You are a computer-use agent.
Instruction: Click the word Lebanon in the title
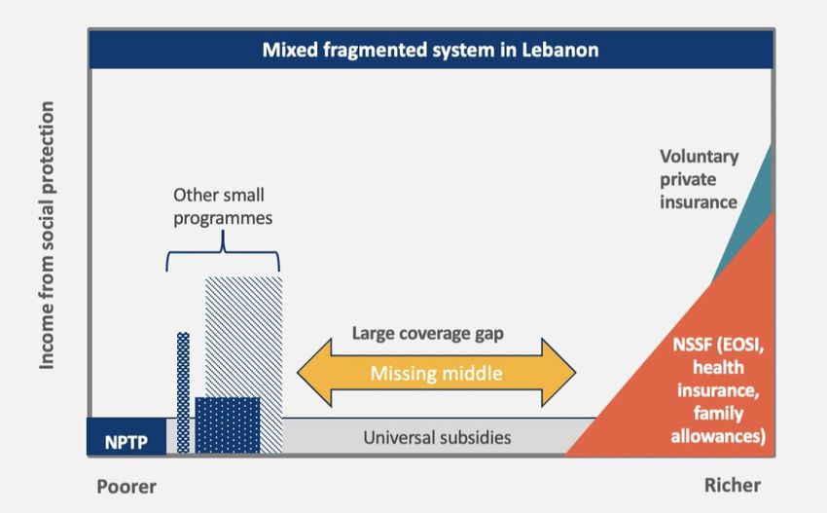(x=560, y=51)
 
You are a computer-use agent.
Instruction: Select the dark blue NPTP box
(x=126, y=436)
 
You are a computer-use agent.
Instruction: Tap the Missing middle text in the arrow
(x=436, y=373)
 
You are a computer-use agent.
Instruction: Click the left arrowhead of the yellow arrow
(x=314, y=373)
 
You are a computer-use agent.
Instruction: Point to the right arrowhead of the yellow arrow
(x=559, y=373)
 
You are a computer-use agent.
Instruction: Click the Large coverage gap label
(x=428, y=334)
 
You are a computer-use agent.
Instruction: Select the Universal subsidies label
(x=437, y=437)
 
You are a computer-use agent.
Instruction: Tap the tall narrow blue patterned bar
(x=183, y=392)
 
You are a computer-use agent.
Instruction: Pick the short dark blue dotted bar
(x=228, y=424)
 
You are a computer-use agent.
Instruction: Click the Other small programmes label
(x=223, y=206)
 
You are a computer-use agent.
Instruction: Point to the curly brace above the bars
(x=223, y=252)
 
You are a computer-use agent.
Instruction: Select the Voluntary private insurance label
(x=699, y=179)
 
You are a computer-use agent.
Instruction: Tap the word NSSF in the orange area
(x=693, y=345)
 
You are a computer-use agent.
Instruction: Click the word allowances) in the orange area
(x=718, y=436)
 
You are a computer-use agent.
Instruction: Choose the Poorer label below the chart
(x=126, y=486)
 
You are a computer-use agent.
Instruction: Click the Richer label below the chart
(x=733, y=485)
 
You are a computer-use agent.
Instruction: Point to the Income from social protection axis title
(x=47, y=236)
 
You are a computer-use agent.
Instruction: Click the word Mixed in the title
(x=290, y=51)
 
